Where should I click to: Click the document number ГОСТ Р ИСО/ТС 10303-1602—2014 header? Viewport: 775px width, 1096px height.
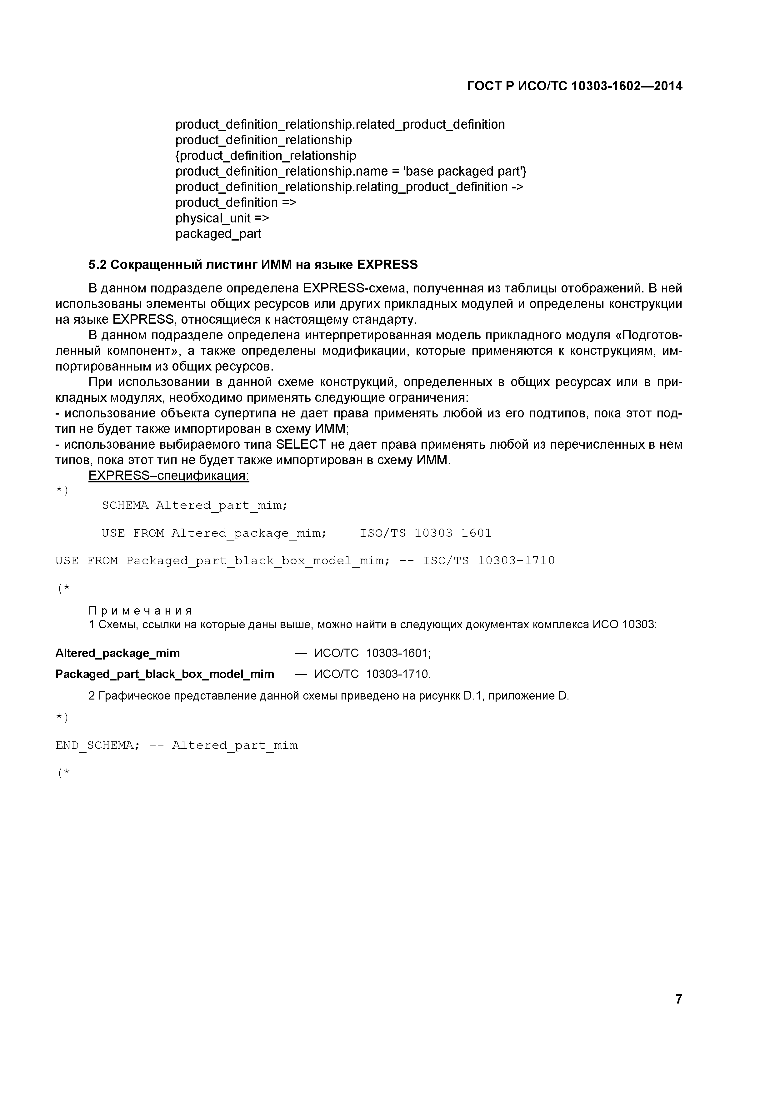[x=574, y=87]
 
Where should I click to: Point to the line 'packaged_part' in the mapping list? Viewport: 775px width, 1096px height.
[x=218, y=234]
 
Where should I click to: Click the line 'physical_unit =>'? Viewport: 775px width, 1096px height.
[x=222, y=218]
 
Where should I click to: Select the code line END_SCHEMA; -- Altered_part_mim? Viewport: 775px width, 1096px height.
[x=177, y=746]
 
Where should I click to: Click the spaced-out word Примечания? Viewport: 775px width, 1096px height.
[x=141, y=611]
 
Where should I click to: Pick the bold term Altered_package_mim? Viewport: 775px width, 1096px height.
[x=117, y=653]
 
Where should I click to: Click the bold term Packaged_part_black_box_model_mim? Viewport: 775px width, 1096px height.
[x=165, y=674]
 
